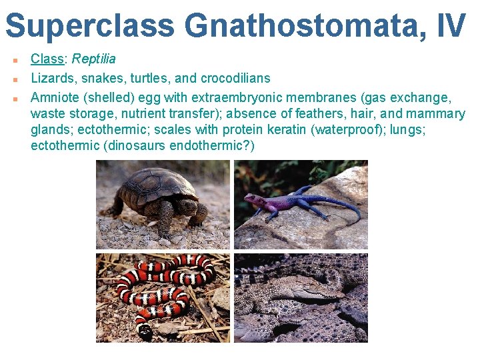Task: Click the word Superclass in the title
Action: point(90,25)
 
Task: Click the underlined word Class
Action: point(47,59)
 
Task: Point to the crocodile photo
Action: point(301,297)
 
